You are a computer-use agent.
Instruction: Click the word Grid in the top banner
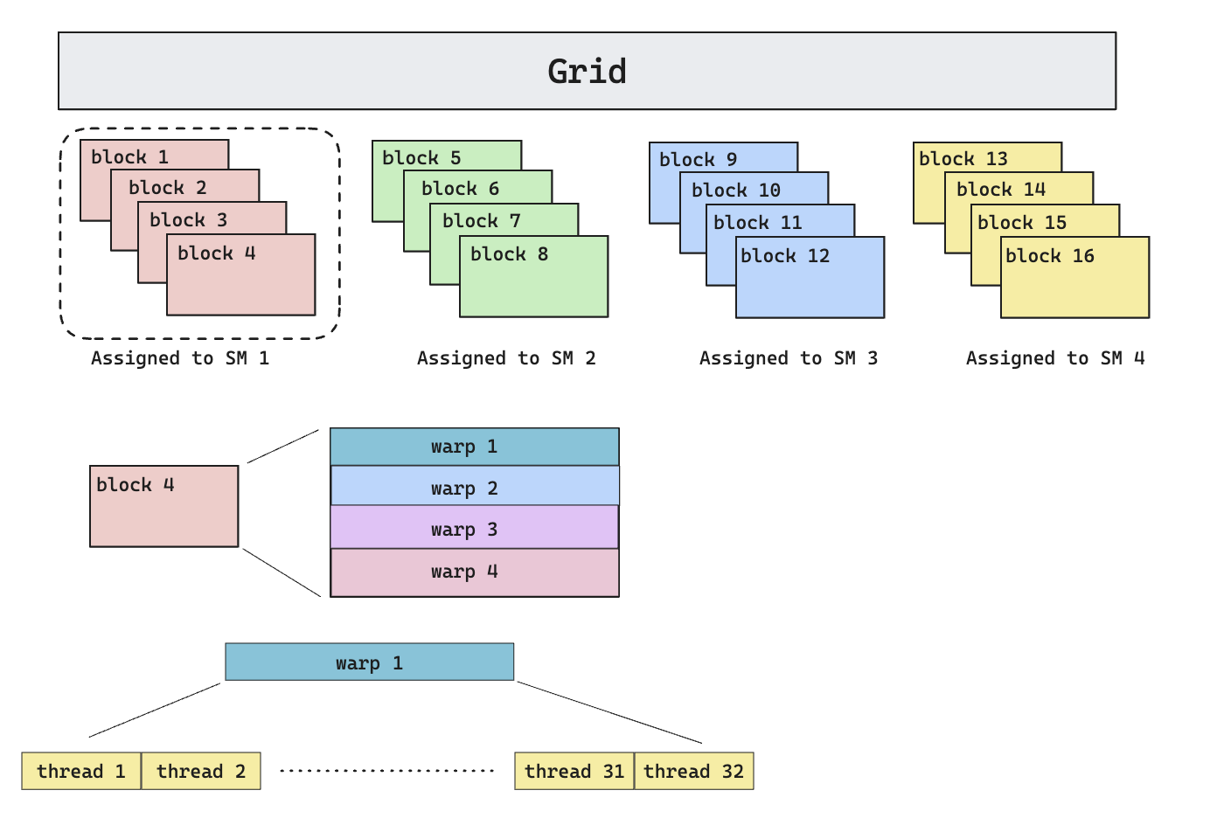pyautogui.click(x=587, y=72)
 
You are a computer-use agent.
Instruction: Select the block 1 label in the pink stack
pyautogui.click(x=129, y=157)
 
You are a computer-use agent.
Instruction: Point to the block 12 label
pyautogui.click(x=784, y=256)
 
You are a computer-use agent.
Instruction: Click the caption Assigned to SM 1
pyautogui.click(x=180, y=358)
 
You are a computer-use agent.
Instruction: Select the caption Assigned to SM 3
pyautogui.click(x=788, y=358)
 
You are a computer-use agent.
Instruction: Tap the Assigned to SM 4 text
pyautogui.click(x=1054, y=358)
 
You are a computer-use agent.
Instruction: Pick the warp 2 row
pyautogui.click(x=474, y=488)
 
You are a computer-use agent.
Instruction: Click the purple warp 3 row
pyautogui.click(x=474, y=529)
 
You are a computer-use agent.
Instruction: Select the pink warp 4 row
pyautogui.click(x=474, y=572)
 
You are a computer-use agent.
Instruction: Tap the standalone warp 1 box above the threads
pyautogui.click(x=369, y=662)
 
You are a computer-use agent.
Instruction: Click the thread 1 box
pyautogui.click(x=81, y=771)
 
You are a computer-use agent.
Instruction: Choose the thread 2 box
pyautogui.click(x=201, y=771)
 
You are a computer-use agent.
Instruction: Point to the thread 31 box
pyautogui.click(x=574, y=771)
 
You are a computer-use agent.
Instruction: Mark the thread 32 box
pyautogui.click(x=694, y=771)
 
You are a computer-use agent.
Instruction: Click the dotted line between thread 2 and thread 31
pyautogui.click(x=386, y=771)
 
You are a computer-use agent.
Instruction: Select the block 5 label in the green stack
pyautogui.click(x=421, y=158)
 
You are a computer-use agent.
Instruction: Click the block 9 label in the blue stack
pyautogui.click(x=698, y=160)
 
